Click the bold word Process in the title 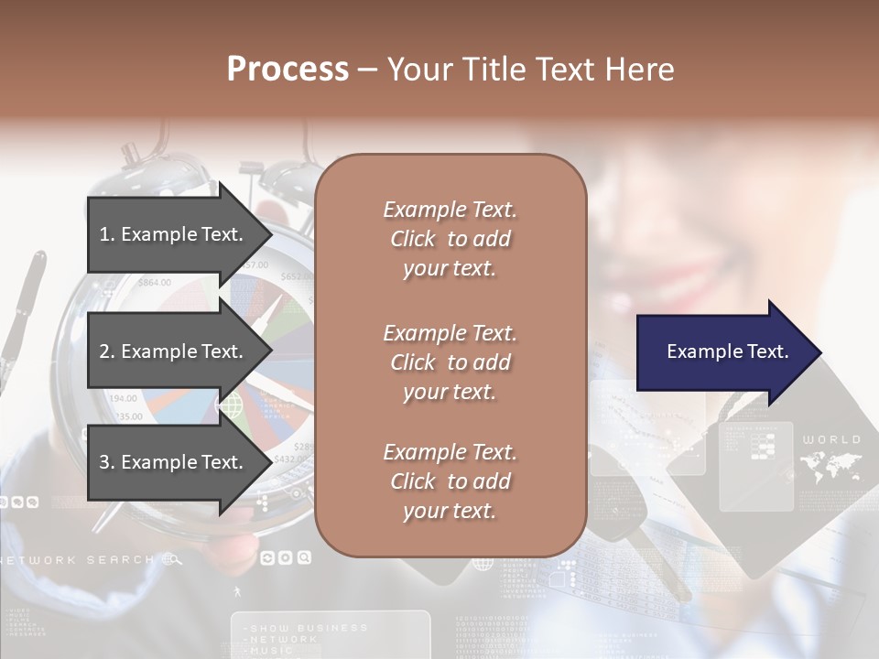click(x=288, y=70)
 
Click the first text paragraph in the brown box click(x=450, y=239)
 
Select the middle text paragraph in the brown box click(x=450, y=362)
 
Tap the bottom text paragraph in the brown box click(x=450, y=481)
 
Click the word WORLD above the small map click(x=831, y=440)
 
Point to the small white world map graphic click(x=830, y=467)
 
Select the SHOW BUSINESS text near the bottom click(x=308, y=628)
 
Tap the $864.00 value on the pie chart click(x=154, y=283)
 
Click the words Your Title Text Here click(x=530, y=70)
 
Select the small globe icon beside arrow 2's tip click(x=229, y=404)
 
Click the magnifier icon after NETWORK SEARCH click(x=171, y=559)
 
